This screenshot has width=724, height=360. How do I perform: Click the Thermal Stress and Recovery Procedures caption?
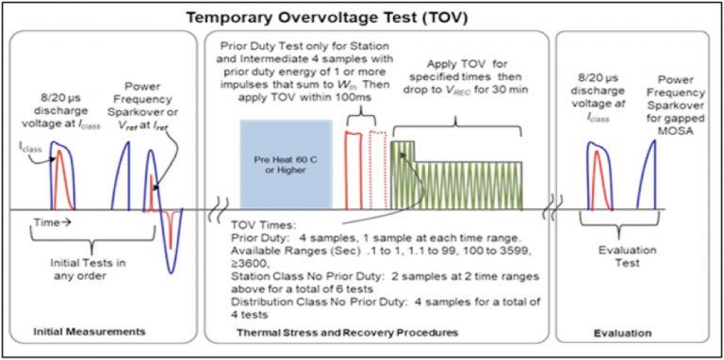pyautogui.click(x=376, y=333)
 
